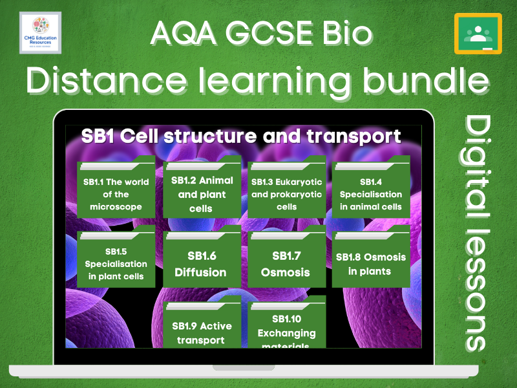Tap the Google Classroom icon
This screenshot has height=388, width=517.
(x=478, y=33)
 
